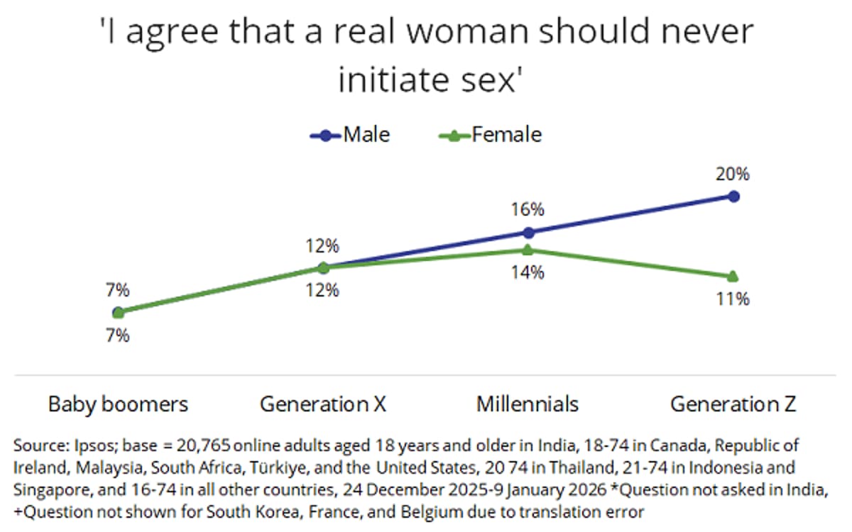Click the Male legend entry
(x=349, y=134)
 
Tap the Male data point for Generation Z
(x=733, y=196)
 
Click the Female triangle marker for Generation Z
(x=733, y=276)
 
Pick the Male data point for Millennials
(x=528, y=232)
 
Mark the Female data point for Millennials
(x=528, y=249)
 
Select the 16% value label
(x=528, y=209)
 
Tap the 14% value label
(x=528, y=272)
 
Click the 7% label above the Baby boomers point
(x=118, y=289)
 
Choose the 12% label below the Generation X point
(x=322, y=290)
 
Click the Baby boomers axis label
(x=118, y=404)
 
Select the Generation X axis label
(x=323, y=404)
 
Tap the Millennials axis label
(x=528, y=404)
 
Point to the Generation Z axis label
(x=733, y=404)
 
